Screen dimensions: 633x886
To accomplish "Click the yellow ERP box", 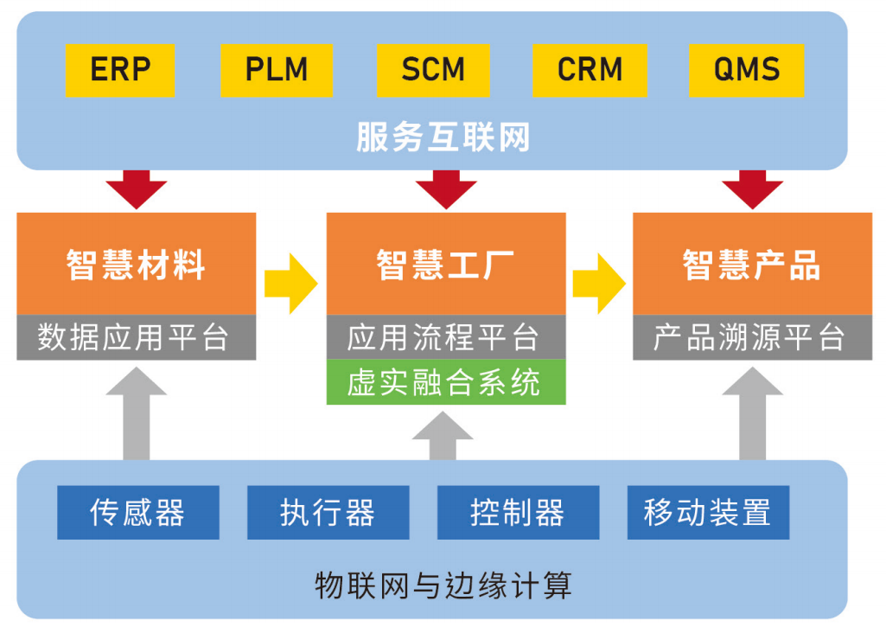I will pyautogui.click(x=120, y=70).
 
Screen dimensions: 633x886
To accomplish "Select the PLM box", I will pyautogui.click(x=277, y=70).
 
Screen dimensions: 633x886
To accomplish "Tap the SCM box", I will pyautogui.click(x=433, y=70).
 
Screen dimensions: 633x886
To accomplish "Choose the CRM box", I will pyautogui.click(x=590, y=70).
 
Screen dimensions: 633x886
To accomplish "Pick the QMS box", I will pyautogui.click(x=747, y=70).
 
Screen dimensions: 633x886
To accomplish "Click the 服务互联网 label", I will pyautogui.click(x=443, y=137).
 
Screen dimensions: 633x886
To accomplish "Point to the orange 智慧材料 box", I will pyautogui.click(x=137, y=264).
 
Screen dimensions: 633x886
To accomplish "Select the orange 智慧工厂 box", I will pyautogui.click(x=446, y=264).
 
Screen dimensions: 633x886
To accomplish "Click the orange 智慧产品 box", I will pyautogui.click(x=752, y=264).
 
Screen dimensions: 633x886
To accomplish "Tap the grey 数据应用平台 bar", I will pyautogui.click(x=137, y=337).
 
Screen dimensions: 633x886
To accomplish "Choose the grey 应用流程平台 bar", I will pyautogui.click(x=446, y=337).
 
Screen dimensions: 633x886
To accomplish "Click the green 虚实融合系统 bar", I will pyautogui.click(x=446, y=382).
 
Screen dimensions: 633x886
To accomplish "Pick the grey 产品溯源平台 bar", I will pyautogui.click(x=752, y=337).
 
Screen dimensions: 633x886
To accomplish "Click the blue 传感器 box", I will pyautogui.click(x=138, y=512).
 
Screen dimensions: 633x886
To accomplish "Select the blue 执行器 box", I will pyautogui.click(x=328, y=512).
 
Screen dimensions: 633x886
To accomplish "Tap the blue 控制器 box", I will pyautogui.click(x=518, y=512).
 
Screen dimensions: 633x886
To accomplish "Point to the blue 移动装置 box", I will pyautogui.click(x=708, y=512).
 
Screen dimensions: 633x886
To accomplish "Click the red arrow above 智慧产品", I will pyautogui.click(x=752, y=188).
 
